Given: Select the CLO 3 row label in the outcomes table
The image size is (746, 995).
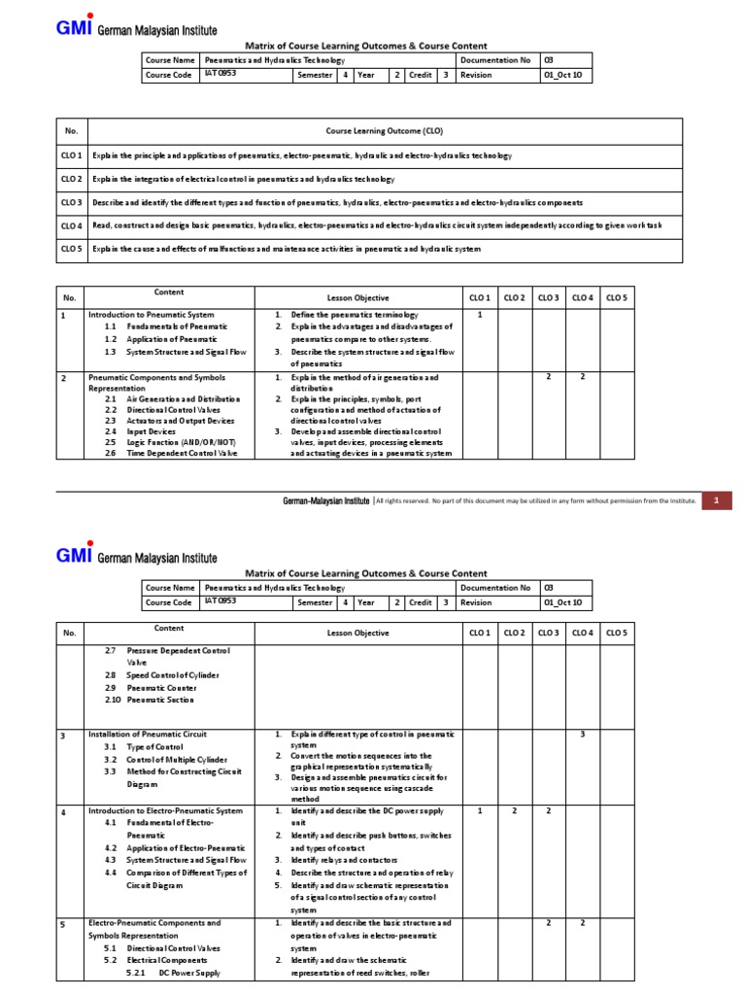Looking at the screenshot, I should [x=72, y=202].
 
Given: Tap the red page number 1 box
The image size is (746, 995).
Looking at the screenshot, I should [x=716, y=500].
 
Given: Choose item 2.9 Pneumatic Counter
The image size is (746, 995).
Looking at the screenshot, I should [x=153, y=687].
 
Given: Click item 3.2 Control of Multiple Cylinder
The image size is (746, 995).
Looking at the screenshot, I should [x=165, y=759].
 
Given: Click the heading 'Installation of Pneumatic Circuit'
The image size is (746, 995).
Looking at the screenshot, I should [x=147, y=734].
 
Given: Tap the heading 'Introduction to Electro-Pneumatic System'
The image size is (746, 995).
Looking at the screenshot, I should [x=165, y=809].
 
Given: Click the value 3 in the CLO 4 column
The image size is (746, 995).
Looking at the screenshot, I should [x=583, y=734].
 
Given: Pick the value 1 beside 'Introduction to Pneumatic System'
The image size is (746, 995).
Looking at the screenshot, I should [x=480, y=315].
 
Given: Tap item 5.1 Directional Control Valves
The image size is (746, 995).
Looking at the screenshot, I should [x=161, y=947].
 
